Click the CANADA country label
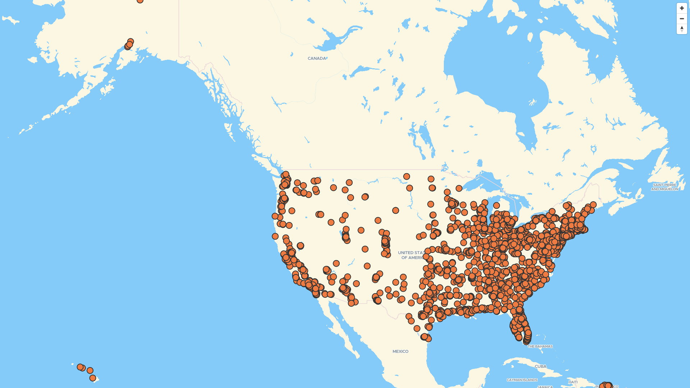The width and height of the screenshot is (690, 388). pyautogui.click(x=317, y=58)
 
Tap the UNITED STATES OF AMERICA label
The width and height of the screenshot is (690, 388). pyautogui.click(x=410, y=255)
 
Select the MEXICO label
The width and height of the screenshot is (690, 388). pyautogui.click(x=400, y=351)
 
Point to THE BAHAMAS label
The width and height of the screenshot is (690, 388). pyautogui.click(x=540, y=346)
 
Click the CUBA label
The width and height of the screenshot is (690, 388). pyautogui.click(x=540, y=366)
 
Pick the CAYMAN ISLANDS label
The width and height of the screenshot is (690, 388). pyautogui.click(x=522, y=380)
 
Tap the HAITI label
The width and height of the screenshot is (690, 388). pyautogui.click(x=573, y=382)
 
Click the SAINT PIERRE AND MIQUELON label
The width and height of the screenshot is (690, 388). pyautogui.click(x=664, y=187)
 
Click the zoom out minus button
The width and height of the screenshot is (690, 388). pyautogui.click(x=682, y=19)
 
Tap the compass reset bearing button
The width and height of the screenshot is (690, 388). pyautogui.click(x=682, y=29)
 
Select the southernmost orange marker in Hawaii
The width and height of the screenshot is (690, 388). pyautogui.click(x=93, y=378)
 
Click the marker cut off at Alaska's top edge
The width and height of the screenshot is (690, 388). pyautogui.click(x=140, y=1)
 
